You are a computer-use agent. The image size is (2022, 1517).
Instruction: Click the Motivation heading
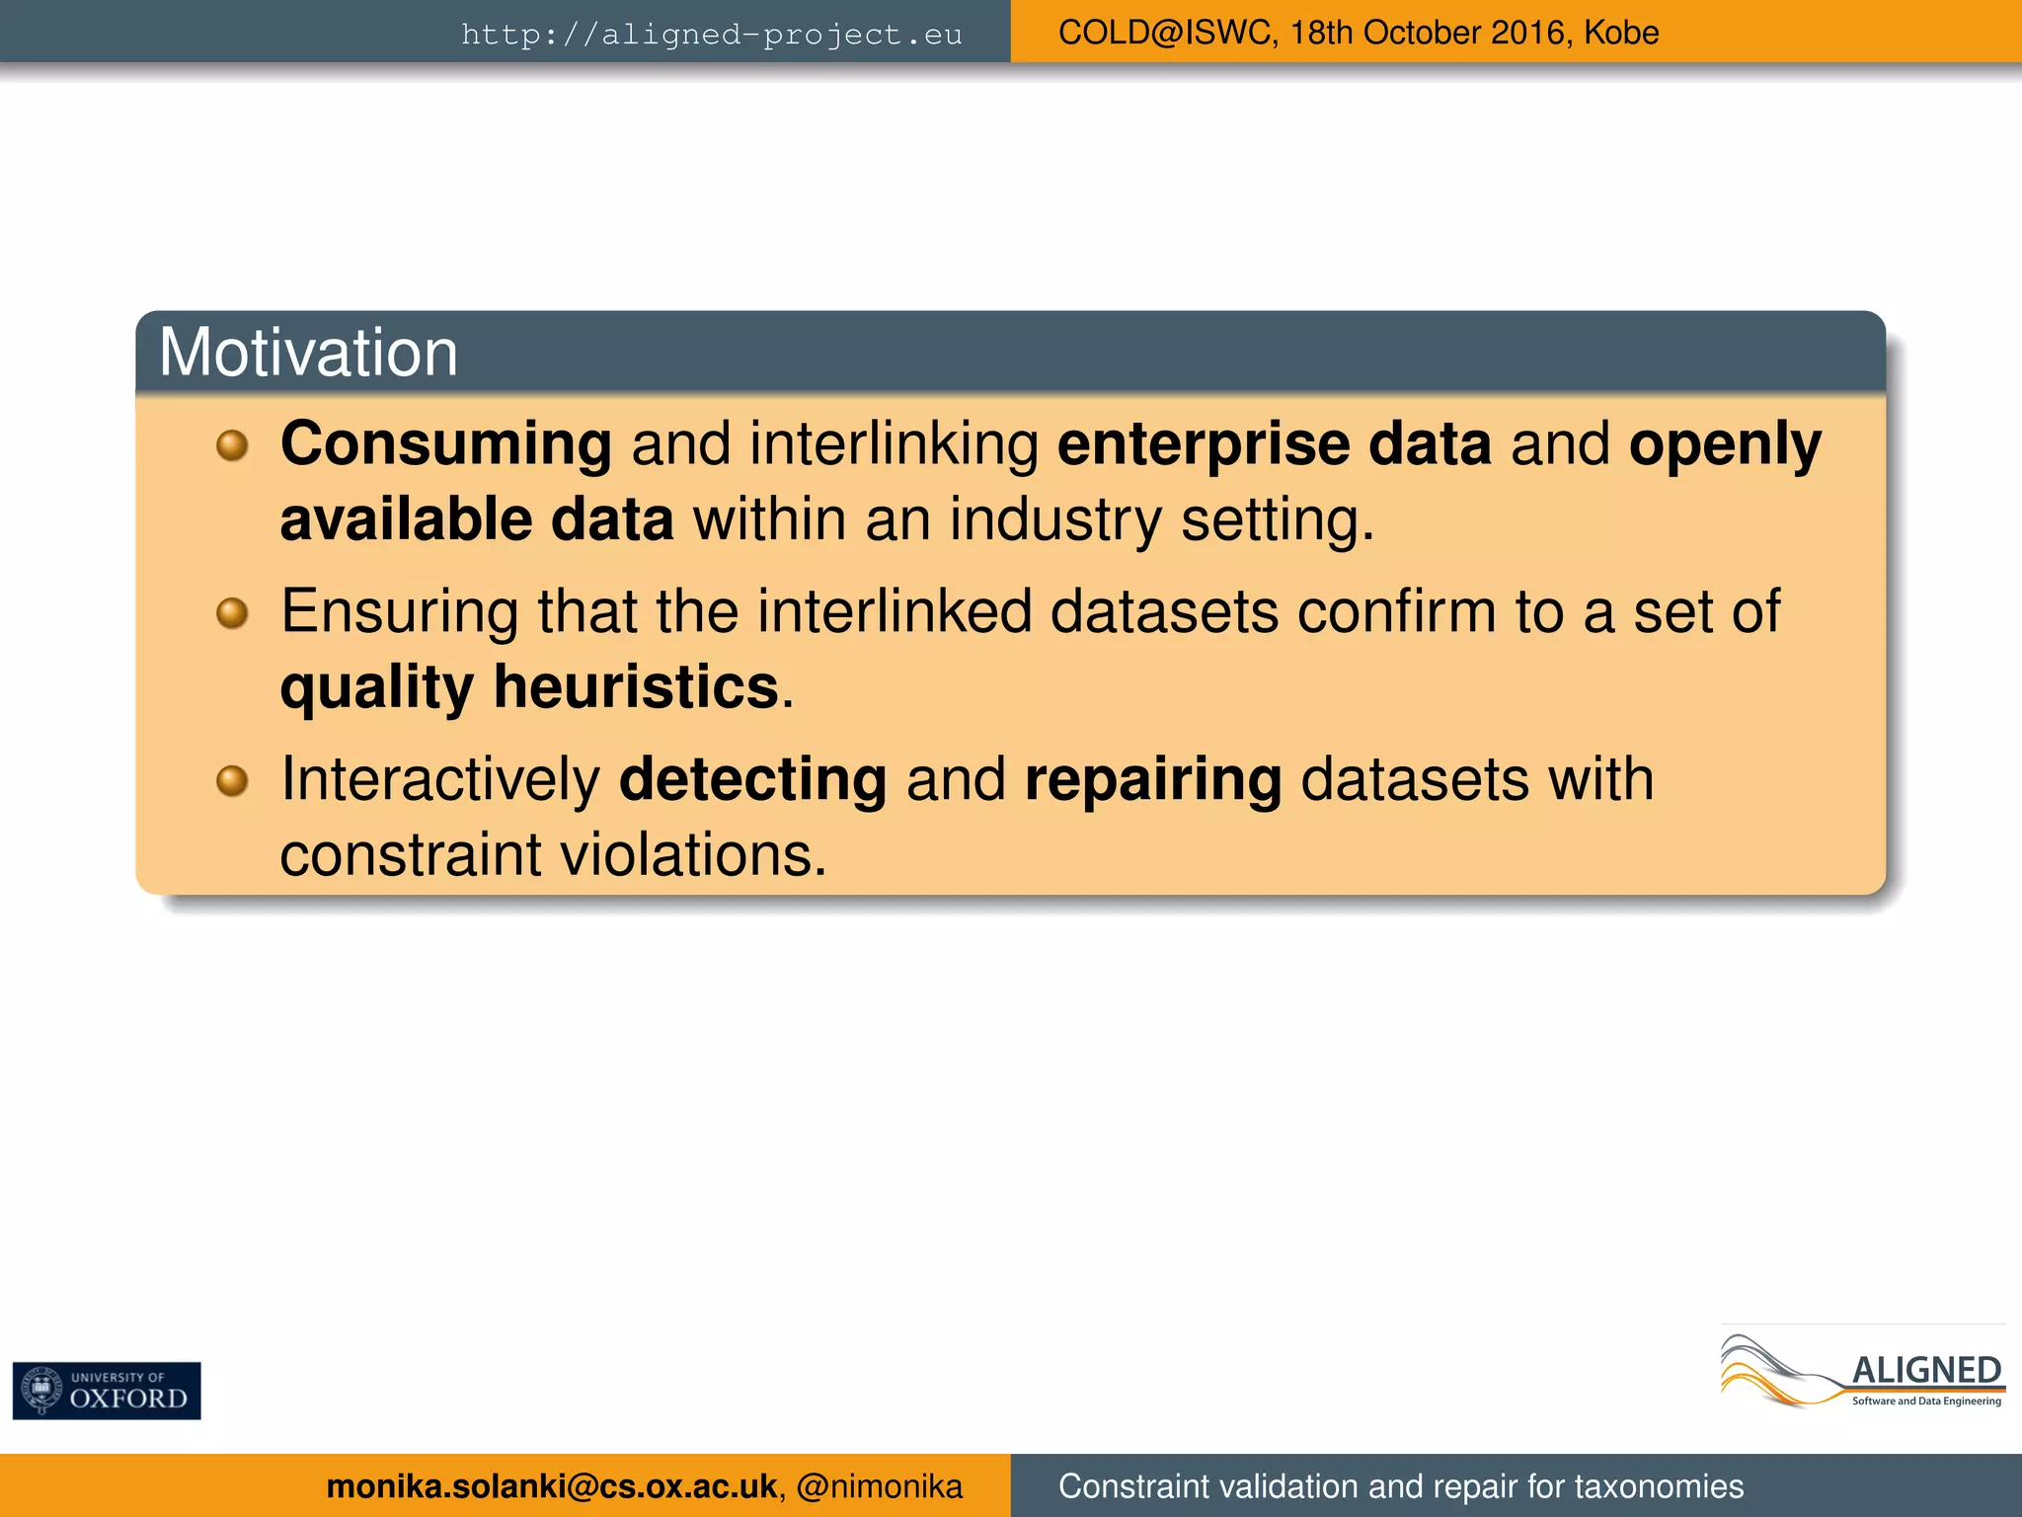pos(308,353)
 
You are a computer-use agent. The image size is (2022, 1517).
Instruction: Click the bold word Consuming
pos(446,443)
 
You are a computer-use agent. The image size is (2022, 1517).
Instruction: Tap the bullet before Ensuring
pos(232,613)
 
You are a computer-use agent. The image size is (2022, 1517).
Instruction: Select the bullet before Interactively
pos(232,781)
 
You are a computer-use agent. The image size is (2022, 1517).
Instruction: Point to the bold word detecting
pos(752,779)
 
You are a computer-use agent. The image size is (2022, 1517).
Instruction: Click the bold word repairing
pos(1152,779)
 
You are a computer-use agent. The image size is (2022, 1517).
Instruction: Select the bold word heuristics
pos(636,686)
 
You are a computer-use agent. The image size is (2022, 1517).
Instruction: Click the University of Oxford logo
pos(107,1391)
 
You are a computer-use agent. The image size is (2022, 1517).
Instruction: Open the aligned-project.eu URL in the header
pos(711,35)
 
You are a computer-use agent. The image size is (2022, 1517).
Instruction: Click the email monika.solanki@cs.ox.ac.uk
pos(551,1486)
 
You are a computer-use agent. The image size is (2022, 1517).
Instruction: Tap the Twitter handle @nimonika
pos(879,1486)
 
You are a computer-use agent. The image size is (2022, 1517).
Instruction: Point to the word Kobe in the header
pos(1621,33)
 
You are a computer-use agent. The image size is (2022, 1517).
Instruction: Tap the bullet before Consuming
pos(232,445)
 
